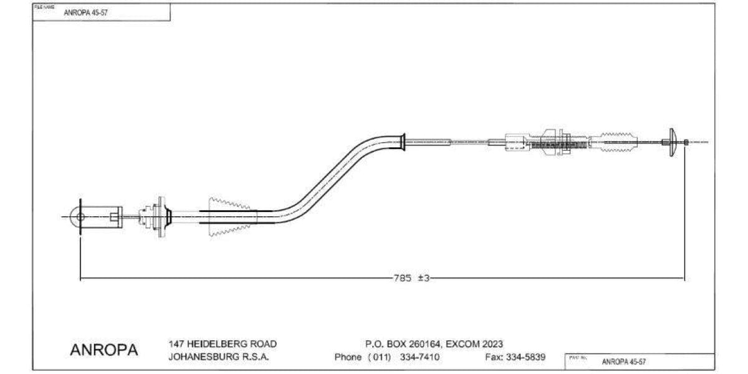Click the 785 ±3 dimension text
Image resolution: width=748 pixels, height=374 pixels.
(x=411, y=279)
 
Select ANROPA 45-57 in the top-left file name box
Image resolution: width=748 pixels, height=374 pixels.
(x=85, y=12)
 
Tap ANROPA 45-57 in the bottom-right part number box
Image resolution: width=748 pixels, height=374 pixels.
(x=623, y=362)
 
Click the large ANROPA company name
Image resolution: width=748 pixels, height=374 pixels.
(x=104, y=350)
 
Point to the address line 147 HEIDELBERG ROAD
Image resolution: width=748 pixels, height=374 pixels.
(x=223, y=344)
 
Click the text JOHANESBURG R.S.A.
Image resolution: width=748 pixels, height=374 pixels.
(x=218, y=357)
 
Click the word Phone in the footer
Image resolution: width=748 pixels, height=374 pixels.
(x=348, y=357)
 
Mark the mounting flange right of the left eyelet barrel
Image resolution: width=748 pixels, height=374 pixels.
(x=161, y=216)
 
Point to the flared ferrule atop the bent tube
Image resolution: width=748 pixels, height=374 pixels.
(x=403, y=142)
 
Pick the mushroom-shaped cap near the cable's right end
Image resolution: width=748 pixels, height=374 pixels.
(x=672, y=142)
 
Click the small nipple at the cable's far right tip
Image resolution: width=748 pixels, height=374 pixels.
(x=686, y=142)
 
